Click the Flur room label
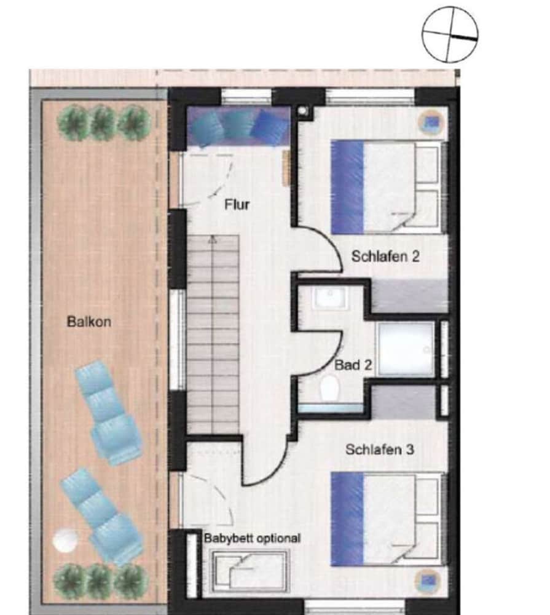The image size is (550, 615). (x=237, y=204)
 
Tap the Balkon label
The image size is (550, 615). (x=89, y=322)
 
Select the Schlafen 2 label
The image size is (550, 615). (x=385, y=256)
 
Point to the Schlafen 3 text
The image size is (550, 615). (x=380, y=450)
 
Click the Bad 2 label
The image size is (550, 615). (x=353, y=365)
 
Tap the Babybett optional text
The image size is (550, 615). (x=253, y=538)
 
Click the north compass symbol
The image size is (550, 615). (x=450, y=34)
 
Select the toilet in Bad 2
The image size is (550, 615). (x=329, y=388)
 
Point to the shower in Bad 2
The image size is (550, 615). (x=406, y=350)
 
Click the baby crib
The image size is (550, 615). (x=250, y=571)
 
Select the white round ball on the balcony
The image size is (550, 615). (x=65, y=541)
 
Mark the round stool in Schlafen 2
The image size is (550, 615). (x=431, y=123)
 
